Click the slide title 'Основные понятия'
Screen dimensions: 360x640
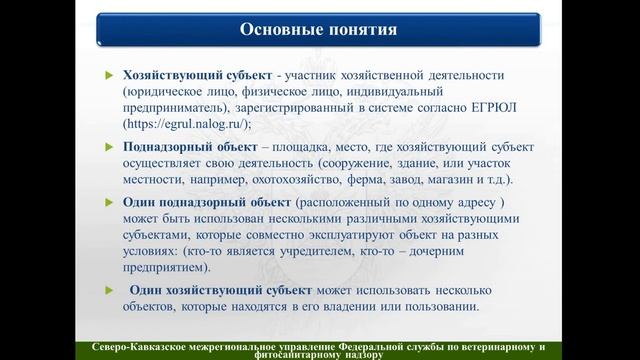tap(320, 28)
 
